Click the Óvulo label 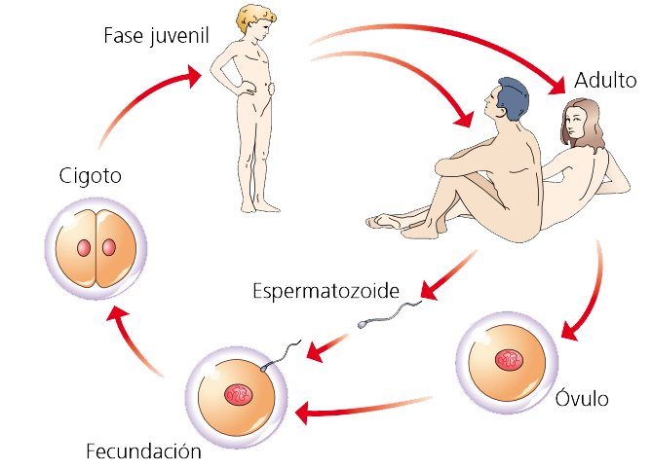coord(582,399)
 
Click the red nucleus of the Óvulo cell coord(510,360)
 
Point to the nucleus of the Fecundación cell coord(239,394)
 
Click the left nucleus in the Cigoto coord(83,247)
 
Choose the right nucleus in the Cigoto coord(106,247)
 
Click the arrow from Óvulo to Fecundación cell coord(361,407)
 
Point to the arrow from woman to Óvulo coord(590,292)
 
